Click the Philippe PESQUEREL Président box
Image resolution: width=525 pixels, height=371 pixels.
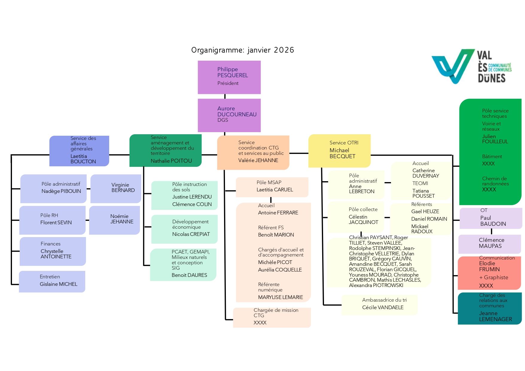tap(229, 77)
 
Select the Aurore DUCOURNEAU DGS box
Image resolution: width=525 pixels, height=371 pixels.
tap(229, 115)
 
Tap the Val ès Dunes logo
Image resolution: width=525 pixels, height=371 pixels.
tap(471, 66)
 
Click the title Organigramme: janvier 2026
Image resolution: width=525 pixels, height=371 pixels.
tap(243, 50)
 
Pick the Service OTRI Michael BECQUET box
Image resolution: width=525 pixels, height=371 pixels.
tap(339, 151)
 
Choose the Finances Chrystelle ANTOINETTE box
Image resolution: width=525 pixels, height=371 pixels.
tap(53, 251)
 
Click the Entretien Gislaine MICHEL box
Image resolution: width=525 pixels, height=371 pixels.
tap(52, 281)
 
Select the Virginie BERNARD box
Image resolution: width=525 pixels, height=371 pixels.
tap(116, 188)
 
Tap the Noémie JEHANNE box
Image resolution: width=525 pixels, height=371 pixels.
tap(115, 220)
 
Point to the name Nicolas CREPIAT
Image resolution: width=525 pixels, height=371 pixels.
tap(191, 234)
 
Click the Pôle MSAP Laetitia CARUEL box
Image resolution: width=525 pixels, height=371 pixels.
tap(272, 187)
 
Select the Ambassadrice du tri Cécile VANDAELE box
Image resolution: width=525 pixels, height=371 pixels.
tap(379, 305)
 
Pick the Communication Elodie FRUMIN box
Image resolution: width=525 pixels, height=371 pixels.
tap(489, 273)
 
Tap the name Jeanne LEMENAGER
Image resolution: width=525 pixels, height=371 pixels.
tap(495, 316)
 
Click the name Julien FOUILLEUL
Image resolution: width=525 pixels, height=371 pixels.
tap(495, 139)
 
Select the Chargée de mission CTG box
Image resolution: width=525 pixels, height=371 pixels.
tap(272, 317)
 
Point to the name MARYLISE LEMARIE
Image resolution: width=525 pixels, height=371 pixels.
tap(280, 297)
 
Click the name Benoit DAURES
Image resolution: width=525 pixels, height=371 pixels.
tap(189, 275)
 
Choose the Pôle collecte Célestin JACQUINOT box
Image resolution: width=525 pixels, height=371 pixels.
tap(356, 217)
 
